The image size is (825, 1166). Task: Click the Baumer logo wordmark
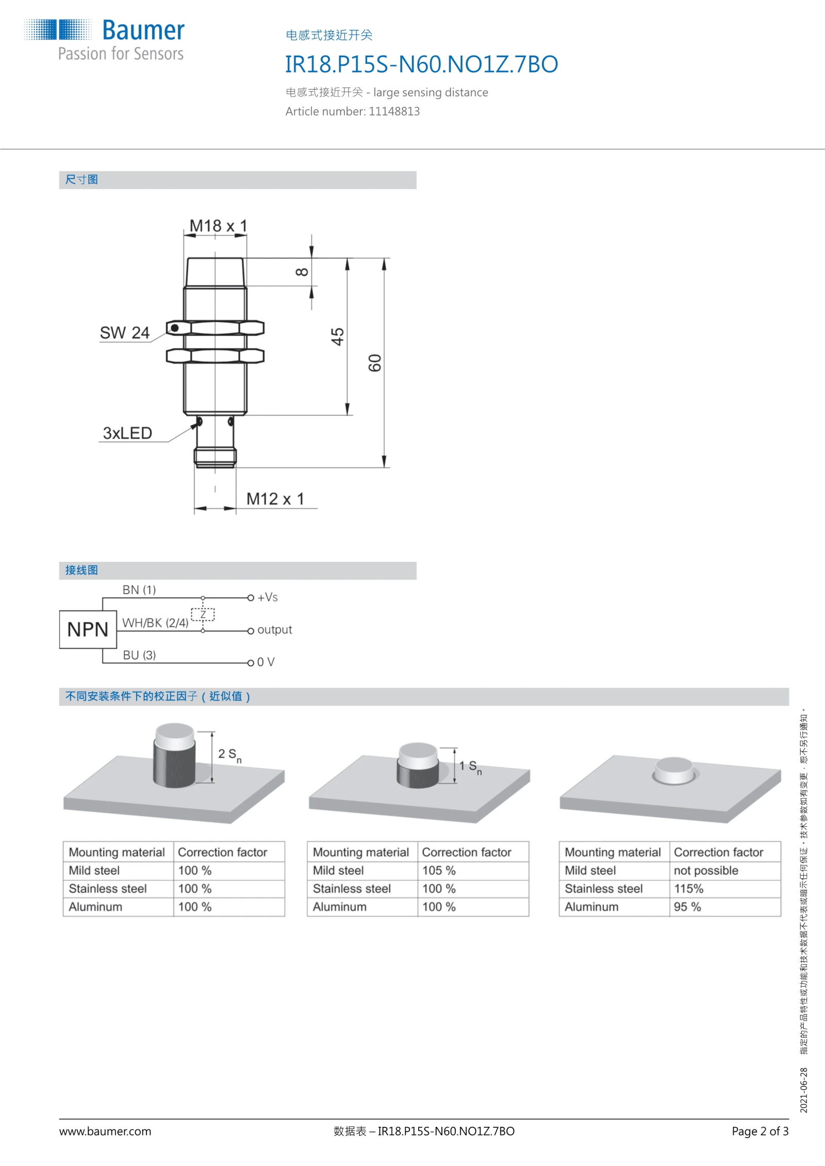click(x=143, y=30)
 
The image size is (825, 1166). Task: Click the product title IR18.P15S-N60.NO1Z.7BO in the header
click(x=421, y=64)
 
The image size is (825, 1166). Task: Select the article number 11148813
click(x=394, y=111)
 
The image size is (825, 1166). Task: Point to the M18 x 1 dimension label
click(x=218, y=226)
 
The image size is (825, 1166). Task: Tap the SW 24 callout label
click(x=125, y=333)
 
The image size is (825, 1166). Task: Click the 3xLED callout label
click(x=127, y=433)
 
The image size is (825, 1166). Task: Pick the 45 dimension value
click(x=337, y=337)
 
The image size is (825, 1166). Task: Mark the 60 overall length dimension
click(x=375, y=363)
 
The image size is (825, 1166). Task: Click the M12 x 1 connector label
click(x=275, y=499)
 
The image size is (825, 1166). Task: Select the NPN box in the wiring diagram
click(x=88, y=629)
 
